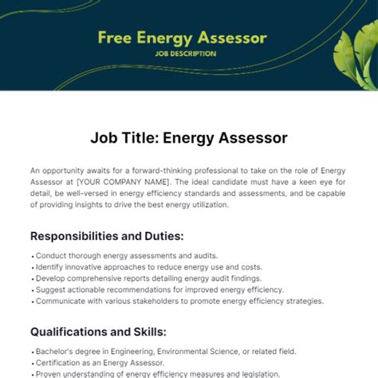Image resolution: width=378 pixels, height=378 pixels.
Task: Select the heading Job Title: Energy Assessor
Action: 188,138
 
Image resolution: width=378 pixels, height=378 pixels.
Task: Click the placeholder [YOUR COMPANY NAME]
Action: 110,181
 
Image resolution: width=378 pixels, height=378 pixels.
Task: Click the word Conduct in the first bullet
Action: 50,256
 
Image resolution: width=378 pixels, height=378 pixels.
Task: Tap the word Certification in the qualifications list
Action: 60,361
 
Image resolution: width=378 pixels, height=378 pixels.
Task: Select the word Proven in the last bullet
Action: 49,372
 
